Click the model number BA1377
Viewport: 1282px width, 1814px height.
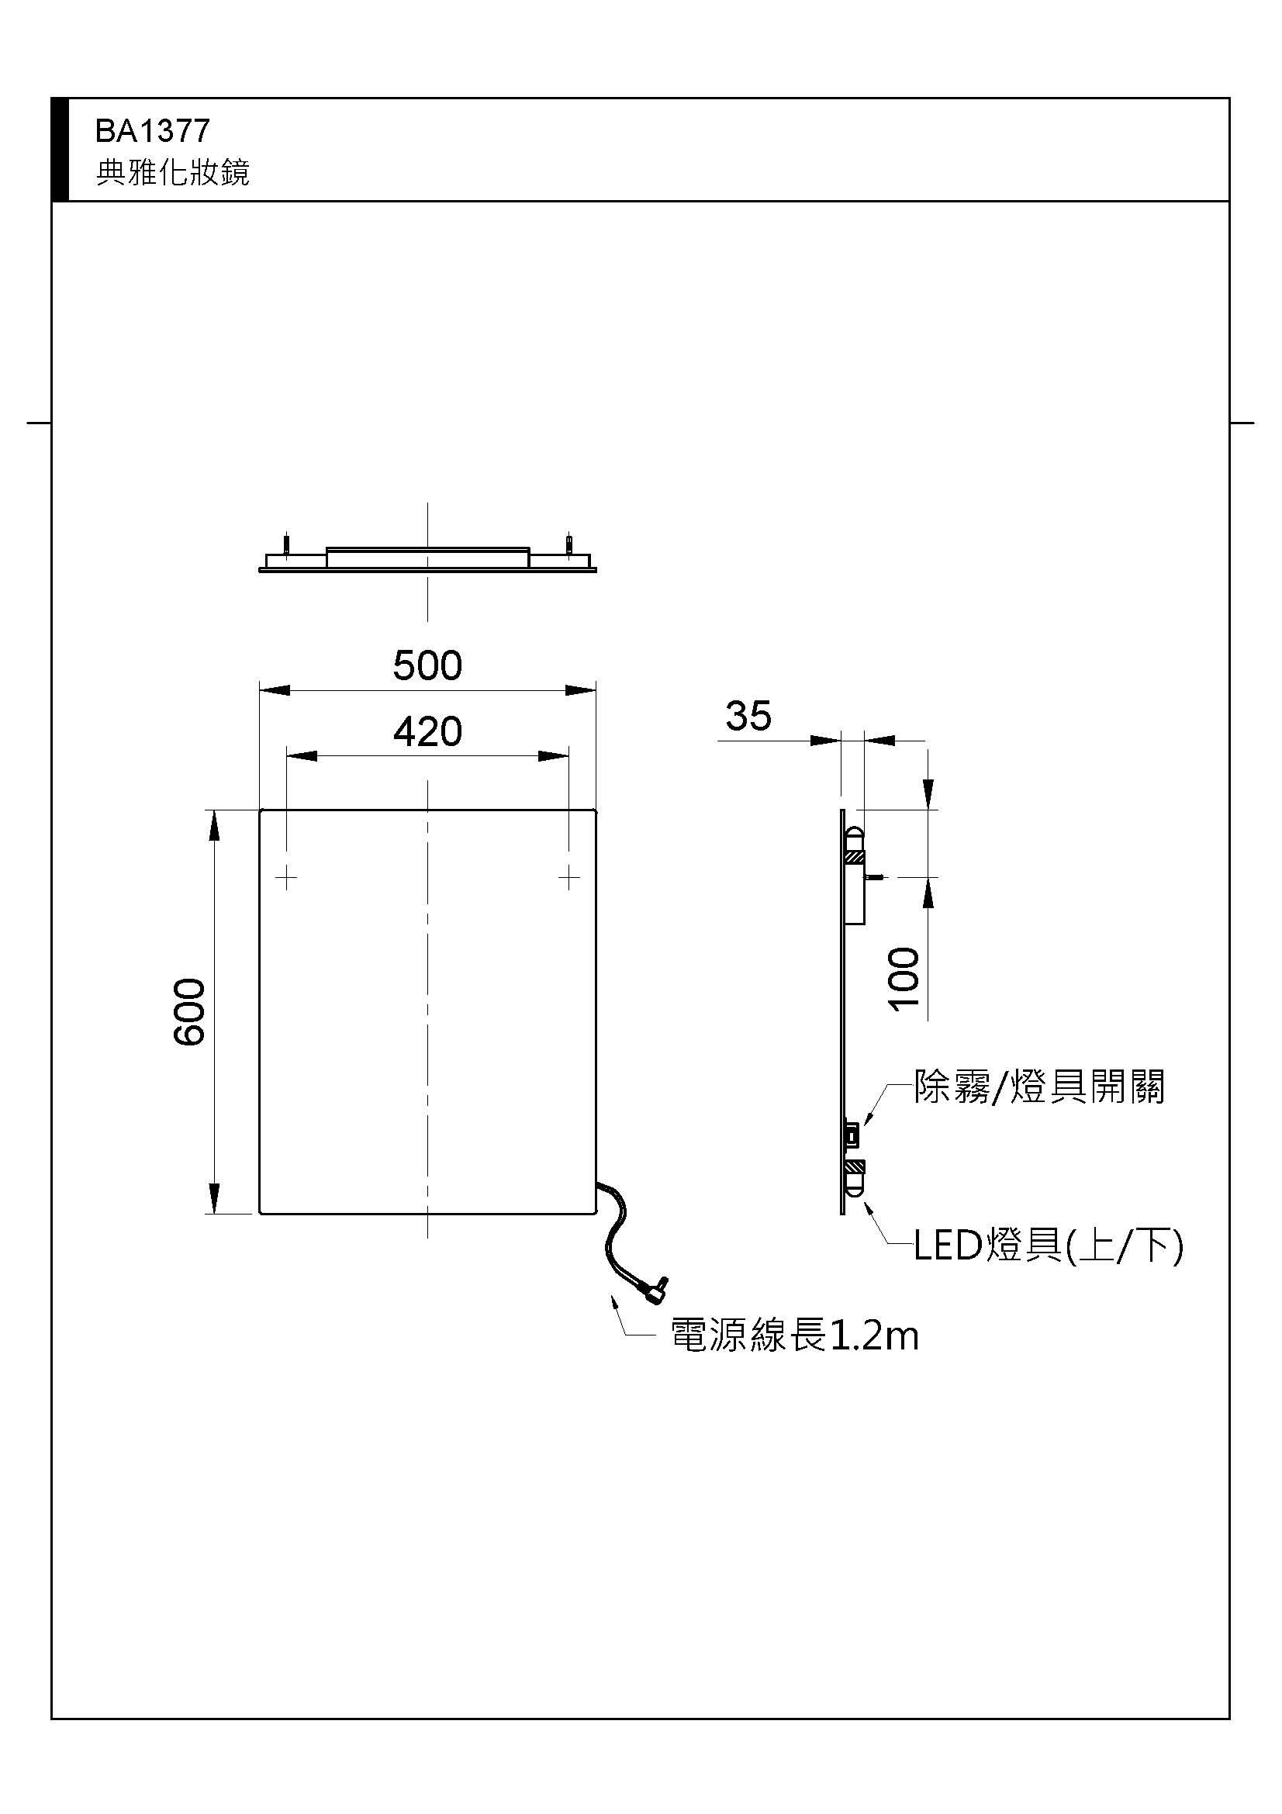pyautogui.click(x=153, y=131)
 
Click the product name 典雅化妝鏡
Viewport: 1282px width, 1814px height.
pyautogui.click(x=172, y=172)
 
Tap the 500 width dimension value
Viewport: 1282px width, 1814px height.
pyautogui.click(x=427, y=665)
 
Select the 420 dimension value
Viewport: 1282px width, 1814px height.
pyautogui.click(x=427, y=732)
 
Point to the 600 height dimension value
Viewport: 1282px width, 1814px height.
pyautogui.click(x=190, y=1011)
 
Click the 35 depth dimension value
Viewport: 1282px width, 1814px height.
pyautogui.click(x=748, y=717)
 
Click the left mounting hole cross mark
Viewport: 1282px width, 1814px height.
pyautogui.click(x=286, y=877)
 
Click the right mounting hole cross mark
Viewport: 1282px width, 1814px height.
pyautogui.click(x=568, y=877)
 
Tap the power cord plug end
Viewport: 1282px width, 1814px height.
pyautogui.click(x=655, y=1291)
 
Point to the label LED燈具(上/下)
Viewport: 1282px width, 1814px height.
pyautogui.click(x=1049, y=1246)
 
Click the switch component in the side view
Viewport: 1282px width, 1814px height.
pyautogui.click(x=852, y=1136)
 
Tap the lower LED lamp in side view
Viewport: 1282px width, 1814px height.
pyautogui.click(x=855, y=1178)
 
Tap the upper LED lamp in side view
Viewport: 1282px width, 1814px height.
pyautogui.click(x=855, y=842)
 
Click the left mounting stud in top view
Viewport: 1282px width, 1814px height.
pyautogui.click(x=287, y=545)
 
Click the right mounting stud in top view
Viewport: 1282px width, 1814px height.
pyautogui.click(x=568, y=545)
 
